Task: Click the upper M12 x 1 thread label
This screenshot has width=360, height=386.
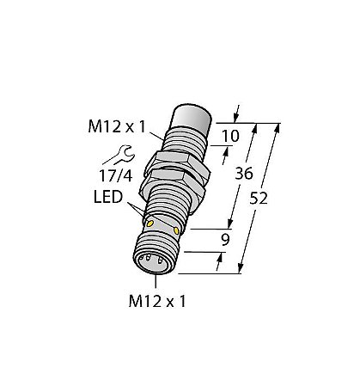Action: (x=117, y=126)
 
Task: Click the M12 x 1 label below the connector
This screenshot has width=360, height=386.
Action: (x=157, y=301)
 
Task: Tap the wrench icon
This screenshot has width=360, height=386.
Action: (x=119, y=155)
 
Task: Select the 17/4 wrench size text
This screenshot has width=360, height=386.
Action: (x=116, y=175)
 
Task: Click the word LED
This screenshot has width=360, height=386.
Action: (x=108, y=197)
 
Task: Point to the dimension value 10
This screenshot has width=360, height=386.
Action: (x=230, y=136)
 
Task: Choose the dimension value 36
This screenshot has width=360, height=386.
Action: (x=244, y=174)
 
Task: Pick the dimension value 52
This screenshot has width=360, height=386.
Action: (x=259, y=199)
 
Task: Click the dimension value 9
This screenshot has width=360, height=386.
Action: (x=226, y=240)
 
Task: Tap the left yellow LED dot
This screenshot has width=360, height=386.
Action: (x=149, y=224)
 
